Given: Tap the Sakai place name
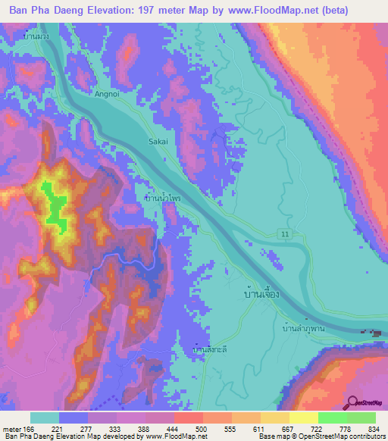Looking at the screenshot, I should pos(157,141).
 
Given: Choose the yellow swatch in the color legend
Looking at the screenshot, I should pos(303,418).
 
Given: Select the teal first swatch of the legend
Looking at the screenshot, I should pos(44,418).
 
